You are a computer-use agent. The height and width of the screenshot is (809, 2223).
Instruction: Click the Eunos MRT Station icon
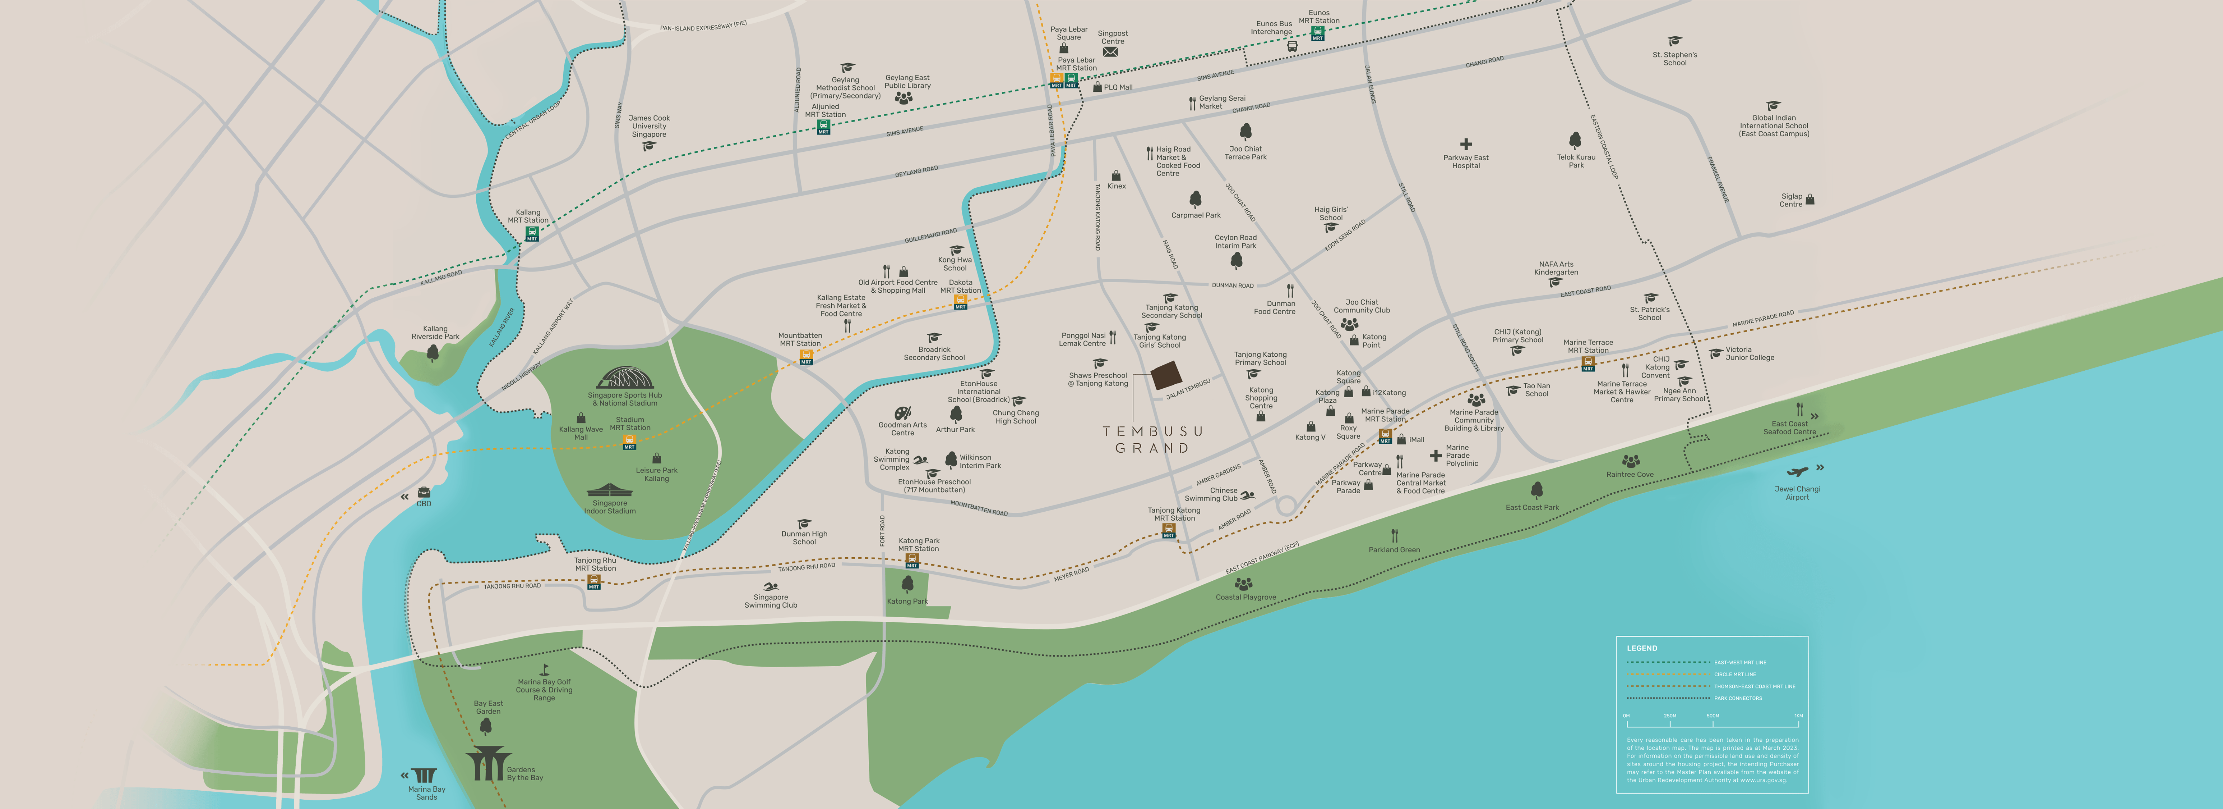[x=1317, y=33]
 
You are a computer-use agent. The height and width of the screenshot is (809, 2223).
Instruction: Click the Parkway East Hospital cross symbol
[x=1465, y=144]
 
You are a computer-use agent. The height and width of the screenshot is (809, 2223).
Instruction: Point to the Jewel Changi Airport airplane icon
[x=1798, y=472]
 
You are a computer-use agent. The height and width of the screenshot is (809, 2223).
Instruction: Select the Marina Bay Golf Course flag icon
[x=545, y=669]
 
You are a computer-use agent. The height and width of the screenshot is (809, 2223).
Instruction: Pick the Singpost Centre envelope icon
[x=1111, y=52]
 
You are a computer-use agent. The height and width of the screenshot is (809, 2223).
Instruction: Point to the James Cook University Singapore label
[x=649, y=126]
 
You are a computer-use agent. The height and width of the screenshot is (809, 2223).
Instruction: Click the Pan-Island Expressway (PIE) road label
[x=702, y=27]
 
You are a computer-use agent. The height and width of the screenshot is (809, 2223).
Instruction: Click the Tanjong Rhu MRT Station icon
[x=594, y=582]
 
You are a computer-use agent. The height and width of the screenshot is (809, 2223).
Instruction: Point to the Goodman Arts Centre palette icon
[x=902, y=413]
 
